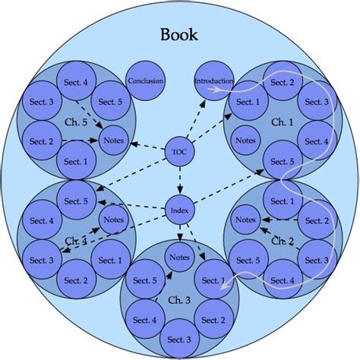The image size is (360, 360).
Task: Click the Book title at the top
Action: (180, 34)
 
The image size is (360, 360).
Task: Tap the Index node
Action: (180, 210)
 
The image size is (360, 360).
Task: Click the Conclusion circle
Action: (145, 81)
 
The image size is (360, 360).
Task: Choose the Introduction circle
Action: (213, 81)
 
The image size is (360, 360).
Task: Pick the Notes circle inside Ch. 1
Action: (245, 141)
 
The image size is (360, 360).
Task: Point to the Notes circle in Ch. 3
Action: (180, 257)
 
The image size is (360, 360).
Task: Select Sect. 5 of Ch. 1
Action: (282, 162)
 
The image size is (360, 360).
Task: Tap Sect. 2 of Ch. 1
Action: (282, 83)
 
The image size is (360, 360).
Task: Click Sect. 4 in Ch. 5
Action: (75, 83)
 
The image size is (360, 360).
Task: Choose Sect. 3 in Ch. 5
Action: (41, 102)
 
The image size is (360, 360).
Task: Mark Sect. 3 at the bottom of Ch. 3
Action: (180, 339)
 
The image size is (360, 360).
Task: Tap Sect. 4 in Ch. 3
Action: (145, 320)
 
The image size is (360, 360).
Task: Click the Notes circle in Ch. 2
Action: (245, 220)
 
